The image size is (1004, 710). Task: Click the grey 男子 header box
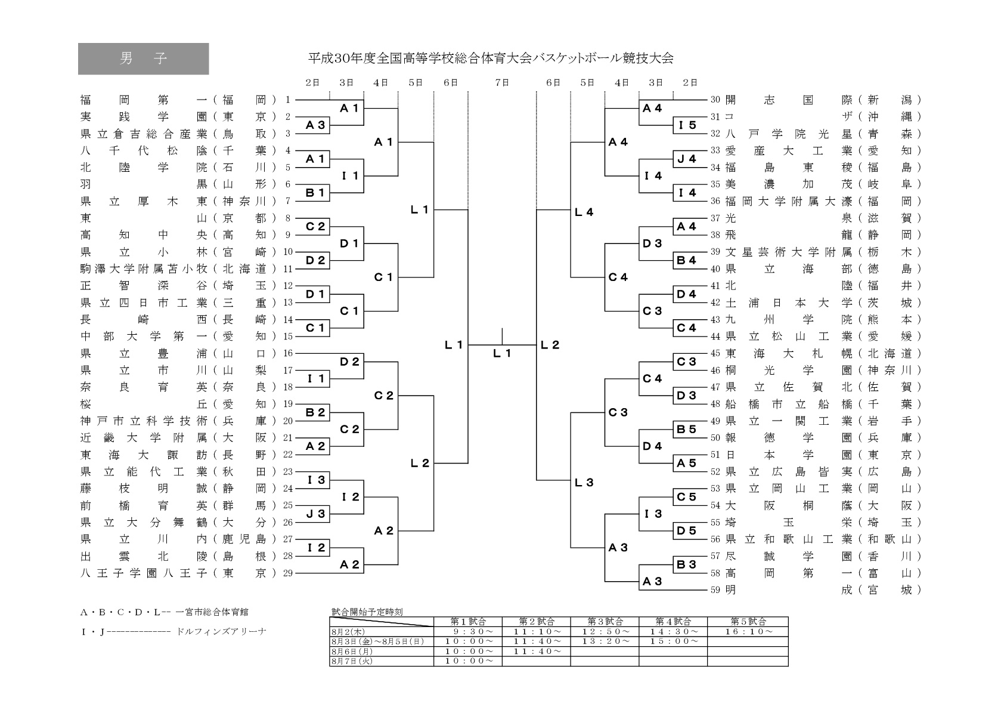click(x=143, y=58)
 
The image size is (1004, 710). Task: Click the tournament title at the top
click(x=490, y=58)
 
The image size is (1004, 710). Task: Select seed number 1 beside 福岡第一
click(x=287, y=100)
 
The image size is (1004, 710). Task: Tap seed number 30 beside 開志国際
click(x=715, y=100)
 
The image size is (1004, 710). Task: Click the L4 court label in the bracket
click(x=584, y=212)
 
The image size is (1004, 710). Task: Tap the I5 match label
click(x=687, y=125)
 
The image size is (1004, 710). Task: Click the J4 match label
click(x=687, y=159)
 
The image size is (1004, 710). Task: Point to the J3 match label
click(x=315, y=514)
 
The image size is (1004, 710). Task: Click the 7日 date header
click(x=502, y=83)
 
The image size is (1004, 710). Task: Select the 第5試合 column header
click(x=748, y=621)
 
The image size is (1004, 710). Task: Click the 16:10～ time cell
click(x=748, y=631)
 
